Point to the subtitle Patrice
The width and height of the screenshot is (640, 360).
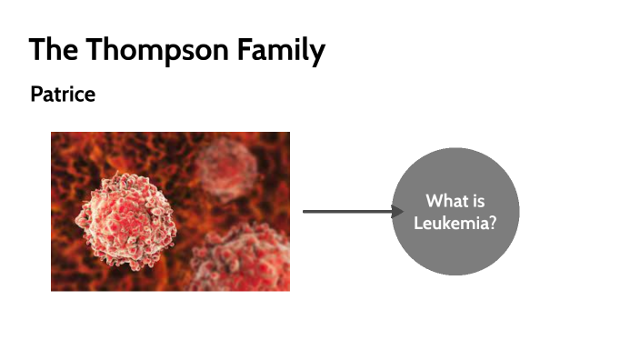click(63, 94)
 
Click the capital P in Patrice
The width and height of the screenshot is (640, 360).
click(35, 94)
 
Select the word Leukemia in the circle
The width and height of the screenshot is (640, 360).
click(451, 221)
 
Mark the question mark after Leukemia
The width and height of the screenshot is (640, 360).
click(492, 221)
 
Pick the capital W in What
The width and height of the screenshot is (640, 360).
click(433, 201)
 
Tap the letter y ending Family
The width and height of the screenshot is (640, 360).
click(317, 53)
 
